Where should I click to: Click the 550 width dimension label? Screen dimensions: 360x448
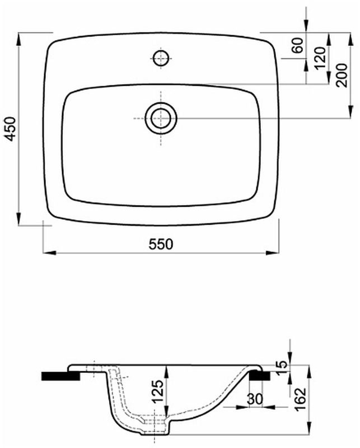pyautogui.click(x=161, y=244)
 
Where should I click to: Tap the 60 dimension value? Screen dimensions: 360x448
pyautogui.click(x=297, y=45)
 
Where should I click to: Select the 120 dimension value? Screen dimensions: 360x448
pyautogui.click(x=320, y=58)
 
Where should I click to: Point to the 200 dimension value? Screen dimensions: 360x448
pyautogui.click(x=342, y=76)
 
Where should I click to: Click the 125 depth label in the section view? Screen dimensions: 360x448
pyautogui.click(x=158, y=391)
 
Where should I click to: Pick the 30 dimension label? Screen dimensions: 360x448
pyautogui.click(x=255, y=399)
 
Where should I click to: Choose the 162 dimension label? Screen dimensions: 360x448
pyautogui.click(x=300, y=399)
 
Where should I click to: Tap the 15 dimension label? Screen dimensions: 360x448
pyautogui.click(x=282, y=365)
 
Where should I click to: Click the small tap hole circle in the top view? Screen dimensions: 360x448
pyautogui.click(x=161, y=59)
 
